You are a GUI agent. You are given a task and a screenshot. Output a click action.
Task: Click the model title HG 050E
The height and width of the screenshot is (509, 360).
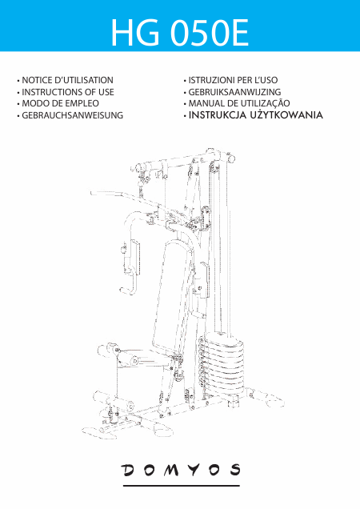pyautogui.click(x=179, y=33)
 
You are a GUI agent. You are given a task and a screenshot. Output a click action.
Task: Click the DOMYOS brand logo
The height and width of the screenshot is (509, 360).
pyautogui.click(x=181, y=470)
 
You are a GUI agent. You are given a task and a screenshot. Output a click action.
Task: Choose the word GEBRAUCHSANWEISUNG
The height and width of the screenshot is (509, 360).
pyautogui.click(x=72, y=115)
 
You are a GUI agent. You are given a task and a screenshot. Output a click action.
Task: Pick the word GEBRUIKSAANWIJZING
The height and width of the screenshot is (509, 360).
pyautogui.click(x=234, y=92)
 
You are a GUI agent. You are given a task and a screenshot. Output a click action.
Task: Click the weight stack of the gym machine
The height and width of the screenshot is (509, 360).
pyautogui.click(x=222, y=366)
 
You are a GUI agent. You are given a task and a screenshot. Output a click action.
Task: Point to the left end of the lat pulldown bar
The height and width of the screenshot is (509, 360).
pyautogui.click(x=92, y=193)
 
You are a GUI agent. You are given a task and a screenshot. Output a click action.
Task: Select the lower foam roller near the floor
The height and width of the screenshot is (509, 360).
pyautogui.click(x=114, y=401)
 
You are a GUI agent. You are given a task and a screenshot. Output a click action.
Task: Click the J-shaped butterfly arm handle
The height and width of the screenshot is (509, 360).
pyautogui.click(x=129, y=282)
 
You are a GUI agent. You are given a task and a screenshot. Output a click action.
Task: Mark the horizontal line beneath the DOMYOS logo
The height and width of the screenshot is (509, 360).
pyautogui.click(x=181, y=486)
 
